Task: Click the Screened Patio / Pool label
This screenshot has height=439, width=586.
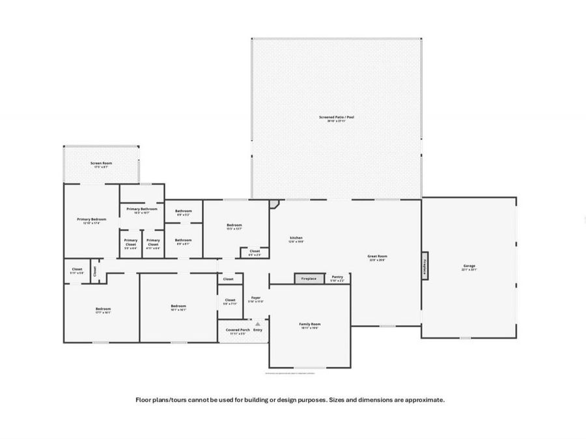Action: coord(337,117)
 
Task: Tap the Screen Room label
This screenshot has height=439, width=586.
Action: coord(100,163)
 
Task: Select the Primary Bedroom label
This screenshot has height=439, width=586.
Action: coord(91,220)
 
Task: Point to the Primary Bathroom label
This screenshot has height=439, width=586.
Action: coord(142,209)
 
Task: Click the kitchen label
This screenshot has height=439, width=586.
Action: coord(296,238)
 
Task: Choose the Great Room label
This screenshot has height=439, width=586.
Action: coord(378,256)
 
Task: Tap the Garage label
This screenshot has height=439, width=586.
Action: coord(469,266)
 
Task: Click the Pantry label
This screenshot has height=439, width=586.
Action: coord(337,276)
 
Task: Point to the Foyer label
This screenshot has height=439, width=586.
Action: coord(256,298)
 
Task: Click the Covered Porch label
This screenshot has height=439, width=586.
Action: coord(238,330)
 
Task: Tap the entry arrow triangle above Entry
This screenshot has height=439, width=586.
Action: coord(258,323)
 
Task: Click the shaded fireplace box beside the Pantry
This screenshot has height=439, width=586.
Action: coord(309,278)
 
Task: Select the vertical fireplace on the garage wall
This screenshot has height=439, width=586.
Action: coord(425,265)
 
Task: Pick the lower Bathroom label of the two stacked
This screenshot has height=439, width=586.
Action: coord(183,240)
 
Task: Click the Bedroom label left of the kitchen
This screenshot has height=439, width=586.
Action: coord(234,225)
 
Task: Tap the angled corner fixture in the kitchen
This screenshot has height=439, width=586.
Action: coord(274,204)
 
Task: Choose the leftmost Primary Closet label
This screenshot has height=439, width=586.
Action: coord(131,241)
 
